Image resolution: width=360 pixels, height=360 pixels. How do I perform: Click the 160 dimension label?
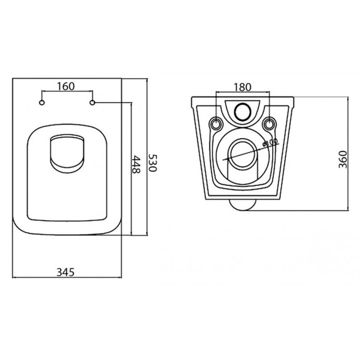pyautogui.click(x=67, y=86)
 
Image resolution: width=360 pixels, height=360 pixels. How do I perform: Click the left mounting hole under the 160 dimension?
pyautogui.click(x=42, y=104)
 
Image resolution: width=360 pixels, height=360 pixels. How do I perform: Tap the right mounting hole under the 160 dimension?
pyautogui.click(x=93, y=104)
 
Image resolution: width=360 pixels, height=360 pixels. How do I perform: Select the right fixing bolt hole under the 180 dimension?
pyautogui.click(x=268, y=123)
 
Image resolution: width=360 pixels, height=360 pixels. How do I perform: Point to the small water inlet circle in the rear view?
pyautogui.click(x=242, y=110)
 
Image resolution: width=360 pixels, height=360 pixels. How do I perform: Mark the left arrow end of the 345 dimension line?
pyautogui.click(x=12, y=278)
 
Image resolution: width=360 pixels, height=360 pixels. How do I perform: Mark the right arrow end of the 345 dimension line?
pyautogui.click(x=121, y=278)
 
